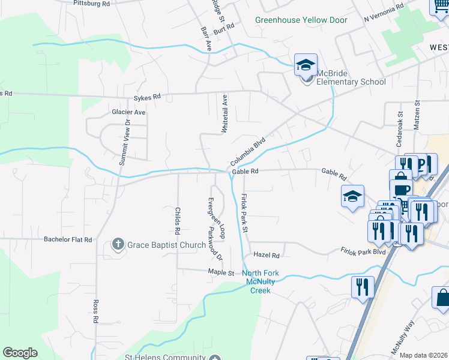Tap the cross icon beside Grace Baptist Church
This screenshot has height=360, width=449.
pyautogui.click(x=118, y=245)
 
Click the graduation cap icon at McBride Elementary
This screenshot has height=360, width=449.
pyautogui.click(x=306, y=65)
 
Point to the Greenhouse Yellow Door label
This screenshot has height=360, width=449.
pyautogui.click(x=301, y=20)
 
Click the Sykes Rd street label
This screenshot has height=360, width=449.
pyautogui.click(x=148, y=97)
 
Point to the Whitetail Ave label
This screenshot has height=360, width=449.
pyautogui.click(x=225, y=113)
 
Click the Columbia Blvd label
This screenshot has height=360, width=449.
pyautogui.click(x=247, y=152)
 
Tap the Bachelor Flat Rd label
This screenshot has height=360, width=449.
pyautogui.click(x=68, y=239)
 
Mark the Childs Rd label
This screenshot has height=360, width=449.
pyautogui.click(x=178, y=221)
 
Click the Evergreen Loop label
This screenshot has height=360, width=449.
pyautogui.click(x=221, y=219)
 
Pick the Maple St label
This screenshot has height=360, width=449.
pyautogui.click(x=220, y=272)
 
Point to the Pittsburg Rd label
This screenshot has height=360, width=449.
pyautogui.click(x=91, y=4)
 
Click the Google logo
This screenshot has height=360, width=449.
pyautogui.click(x=20, y=353)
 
